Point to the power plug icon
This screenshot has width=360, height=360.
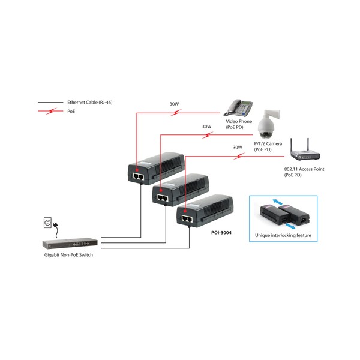point(47,224)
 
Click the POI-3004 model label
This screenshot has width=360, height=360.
point(221,232)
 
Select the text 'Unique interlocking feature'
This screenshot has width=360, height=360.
point(283,235)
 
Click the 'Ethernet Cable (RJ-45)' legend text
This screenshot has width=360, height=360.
point(89,103)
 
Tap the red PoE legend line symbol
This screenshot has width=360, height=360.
point(51,111)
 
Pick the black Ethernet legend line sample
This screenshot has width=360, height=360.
point(51,103)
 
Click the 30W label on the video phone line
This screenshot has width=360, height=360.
point(174,104)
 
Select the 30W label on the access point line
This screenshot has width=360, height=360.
point(237,147)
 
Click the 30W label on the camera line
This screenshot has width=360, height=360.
point(206,127)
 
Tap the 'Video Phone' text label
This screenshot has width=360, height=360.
point(239,121)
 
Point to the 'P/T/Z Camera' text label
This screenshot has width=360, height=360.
point(268,144)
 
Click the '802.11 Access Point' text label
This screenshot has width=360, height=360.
point(304,169)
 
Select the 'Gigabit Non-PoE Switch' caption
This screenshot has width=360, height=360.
point(68,255)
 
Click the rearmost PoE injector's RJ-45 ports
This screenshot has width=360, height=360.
point(137,177)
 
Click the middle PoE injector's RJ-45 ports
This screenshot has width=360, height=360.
point(162,197)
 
